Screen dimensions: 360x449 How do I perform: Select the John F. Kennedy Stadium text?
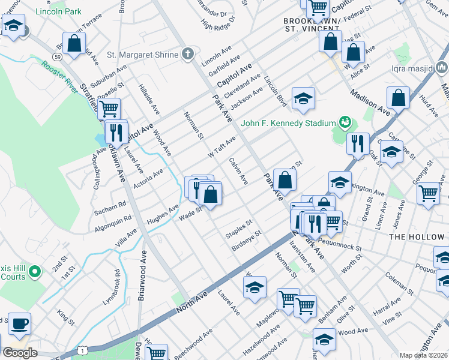coord(288,124)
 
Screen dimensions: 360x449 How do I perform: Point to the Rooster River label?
coord(60,74)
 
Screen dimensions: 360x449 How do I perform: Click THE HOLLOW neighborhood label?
coord(416,237)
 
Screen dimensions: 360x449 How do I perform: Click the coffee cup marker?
coord(19,324)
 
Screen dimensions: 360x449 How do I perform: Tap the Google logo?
coord(20,353)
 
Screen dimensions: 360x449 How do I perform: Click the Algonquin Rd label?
coord(112,224)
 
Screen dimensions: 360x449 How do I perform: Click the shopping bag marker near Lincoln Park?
coord(74,44)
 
